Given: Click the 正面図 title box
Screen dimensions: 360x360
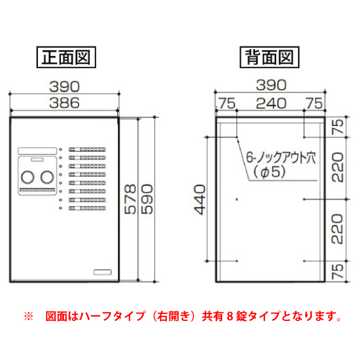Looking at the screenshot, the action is [x=66, y=57].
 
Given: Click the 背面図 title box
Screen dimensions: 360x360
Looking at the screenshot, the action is [x=269, y=57].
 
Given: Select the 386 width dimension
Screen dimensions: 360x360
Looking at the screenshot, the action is [x=65, y=103].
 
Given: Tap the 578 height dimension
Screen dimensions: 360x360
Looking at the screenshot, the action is [x=130, y=199].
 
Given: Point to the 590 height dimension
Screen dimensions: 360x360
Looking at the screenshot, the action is [x=147, y=199].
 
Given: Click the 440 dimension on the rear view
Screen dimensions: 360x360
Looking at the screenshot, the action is [x=199, y=199].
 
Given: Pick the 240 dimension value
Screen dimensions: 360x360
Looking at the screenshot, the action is [x=271, y=104].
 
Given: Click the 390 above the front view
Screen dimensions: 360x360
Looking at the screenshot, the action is [x=65, y=86].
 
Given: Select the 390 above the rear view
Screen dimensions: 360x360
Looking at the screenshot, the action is [x=271, y=85].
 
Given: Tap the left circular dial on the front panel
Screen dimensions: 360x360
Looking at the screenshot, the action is [x=27, y=178].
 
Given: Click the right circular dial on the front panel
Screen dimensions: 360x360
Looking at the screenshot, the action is [x=47, y=178].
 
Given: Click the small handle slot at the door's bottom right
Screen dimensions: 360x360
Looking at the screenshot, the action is [x=102, y=272].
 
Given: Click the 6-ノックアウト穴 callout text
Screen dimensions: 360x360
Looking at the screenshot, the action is [x=281, y=158].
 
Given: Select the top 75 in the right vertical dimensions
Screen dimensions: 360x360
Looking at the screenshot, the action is [x=338, y=127].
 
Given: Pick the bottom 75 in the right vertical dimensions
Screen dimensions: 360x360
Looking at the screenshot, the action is [x=338, y=271].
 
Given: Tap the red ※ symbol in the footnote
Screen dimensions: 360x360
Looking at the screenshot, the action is [x=29, y=316].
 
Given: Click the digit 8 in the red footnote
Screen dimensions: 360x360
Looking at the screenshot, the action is [x=230, y=317].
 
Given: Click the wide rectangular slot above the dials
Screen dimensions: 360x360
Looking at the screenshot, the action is [x=37, y=151].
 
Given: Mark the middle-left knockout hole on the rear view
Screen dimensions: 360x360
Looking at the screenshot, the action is [x=236, y=199].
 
